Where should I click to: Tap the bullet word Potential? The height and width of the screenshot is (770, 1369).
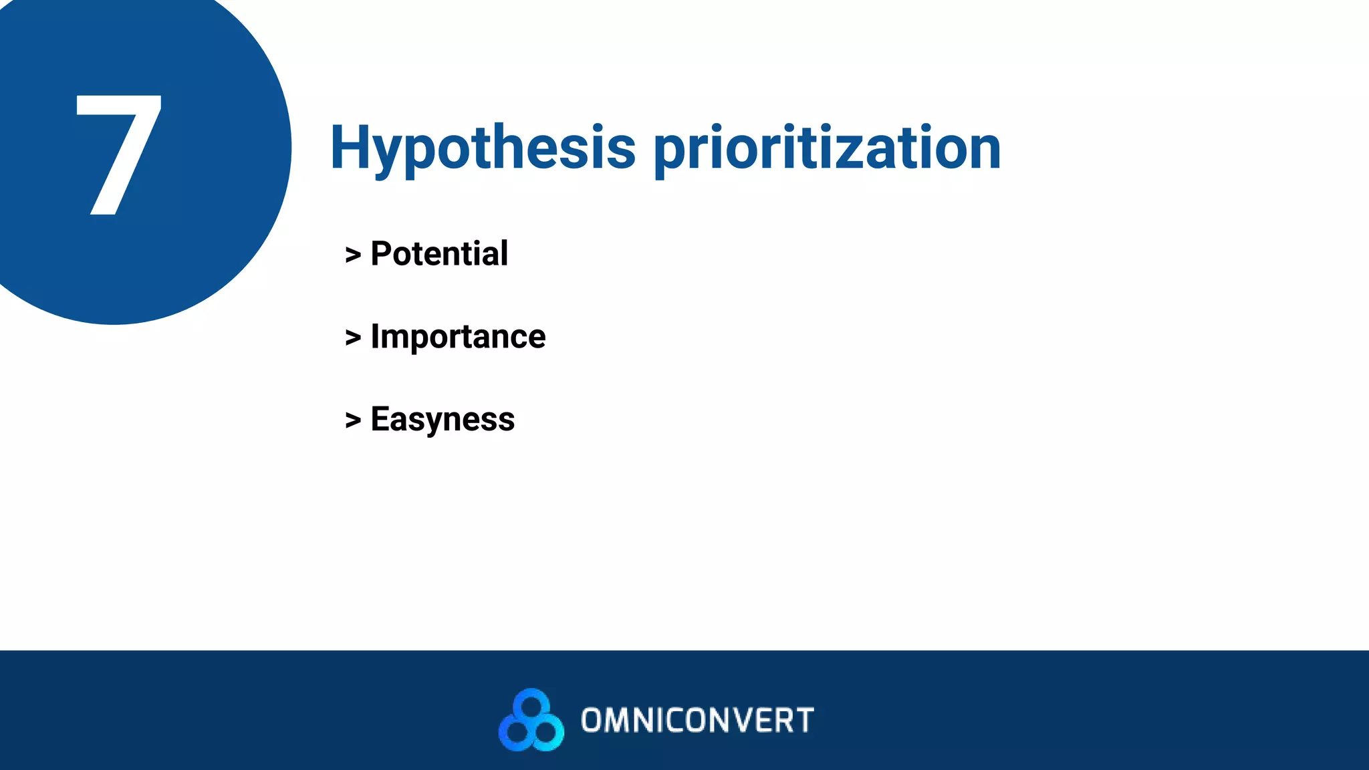(x=439, y=254)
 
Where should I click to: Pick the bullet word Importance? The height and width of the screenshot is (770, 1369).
(x=458, y=336)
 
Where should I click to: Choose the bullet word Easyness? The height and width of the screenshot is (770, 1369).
(x=443, y=420)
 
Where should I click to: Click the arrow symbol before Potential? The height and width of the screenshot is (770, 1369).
(x=353, y=255)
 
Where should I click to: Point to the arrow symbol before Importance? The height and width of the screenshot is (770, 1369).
(x=353, y=338)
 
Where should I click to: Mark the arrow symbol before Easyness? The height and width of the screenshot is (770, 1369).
(x=353, y=420)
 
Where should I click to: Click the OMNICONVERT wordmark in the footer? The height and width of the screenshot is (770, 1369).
(x=697, y=721)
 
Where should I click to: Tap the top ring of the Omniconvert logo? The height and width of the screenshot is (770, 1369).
(x=532, y=704)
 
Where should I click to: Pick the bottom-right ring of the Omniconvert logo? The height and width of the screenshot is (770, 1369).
(x=547, y=733)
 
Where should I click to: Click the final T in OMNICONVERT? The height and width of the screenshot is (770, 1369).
(x=805, y=721)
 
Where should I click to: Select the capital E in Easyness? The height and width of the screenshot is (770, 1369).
(x=380, y=419)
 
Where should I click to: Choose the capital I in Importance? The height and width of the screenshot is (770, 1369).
(x=375, y=336)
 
